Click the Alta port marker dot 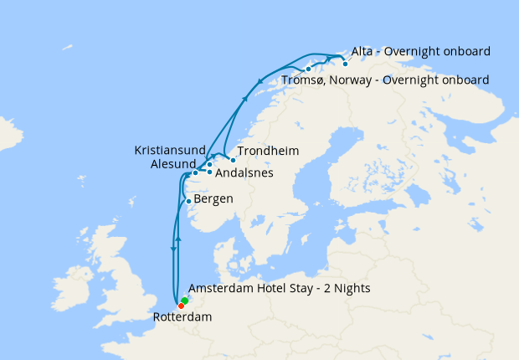tap(345, 63)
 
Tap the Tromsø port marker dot tap(309, 69)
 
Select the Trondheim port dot tap(233, 159)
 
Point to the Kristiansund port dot tap(209, 164)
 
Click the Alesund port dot tap(195, 173)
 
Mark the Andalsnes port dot tap(209, 172)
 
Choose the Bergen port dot tap(188, 201)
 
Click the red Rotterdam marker tap(181, 306)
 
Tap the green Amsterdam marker tap(184, 301)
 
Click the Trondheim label tap(268, 152)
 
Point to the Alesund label tap(173, 164)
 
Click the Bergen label tap(213, 199)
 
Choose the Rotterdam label tap(182, 317)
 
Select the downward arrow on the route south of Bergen tap(173, 249)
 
